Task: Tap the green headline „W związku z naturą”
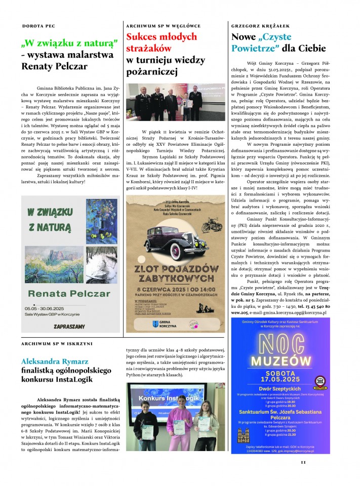70,42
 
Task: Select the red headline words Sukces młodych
161,37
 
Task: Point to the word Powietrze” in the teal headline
256,49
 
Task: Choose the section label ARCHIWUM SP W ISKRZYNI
57,344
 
